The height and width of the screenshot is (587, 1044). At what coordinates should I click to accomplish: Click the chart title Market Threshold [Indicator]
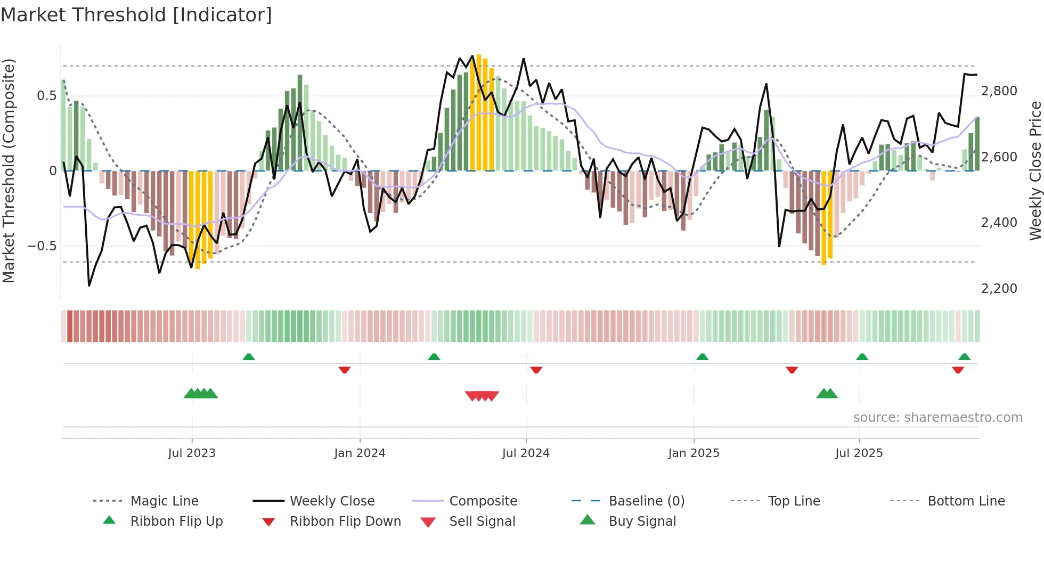coord(136,15)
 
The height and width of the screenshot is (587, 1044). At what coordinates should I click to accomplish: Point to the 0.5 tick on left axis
coord(46,96)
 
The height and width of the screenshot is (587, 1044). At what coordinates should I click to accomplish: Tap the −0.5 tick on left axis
coord(42,246)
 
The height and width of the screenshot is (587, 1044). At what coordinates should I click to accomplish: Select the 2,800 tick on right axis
coord(999,91)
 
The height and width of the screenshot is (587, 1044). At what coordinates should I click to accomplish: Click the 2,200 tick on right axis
coord(999,289)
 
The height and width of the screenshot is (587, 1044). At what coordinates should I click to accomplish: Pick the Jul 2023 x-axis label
coord(192,453)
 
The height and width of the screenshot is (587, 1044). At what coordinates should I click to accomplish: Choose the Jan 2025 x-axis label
coord(694,453)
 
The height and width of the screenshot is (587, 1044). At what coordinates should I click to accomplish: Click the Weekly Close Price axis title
coord(1035,170)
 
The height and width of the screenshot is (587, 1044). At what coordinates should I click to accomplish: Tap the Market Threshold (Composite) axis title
coord(9,170)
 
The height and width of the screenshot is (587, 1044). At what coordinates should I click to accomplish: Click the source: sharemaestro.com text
coord(937,418)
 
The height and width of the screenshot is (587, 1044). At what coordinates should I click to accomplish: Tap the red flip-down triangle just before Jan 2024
coord(345,370)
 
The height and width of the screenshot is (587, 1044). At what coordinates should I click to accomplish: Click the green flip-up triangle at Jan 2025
coord(702,357)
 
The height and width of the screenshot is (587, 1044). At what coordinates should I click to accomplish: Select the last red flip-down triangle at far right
coord(958,370)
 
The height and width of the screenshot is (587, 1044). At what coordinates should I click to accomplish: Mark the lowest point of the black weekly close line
coord(89,286)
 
